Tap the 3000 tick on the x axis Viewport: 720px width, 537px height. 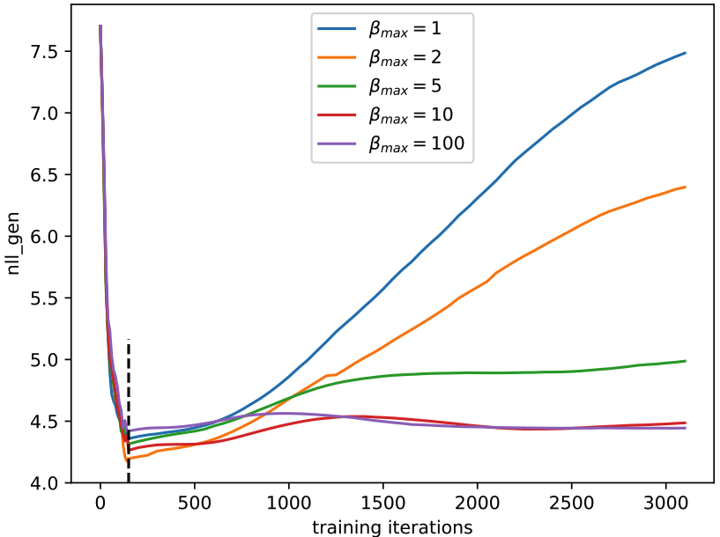[x=666, y=505]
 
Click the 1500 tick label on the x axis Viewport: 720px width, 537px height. [x=383, y=505]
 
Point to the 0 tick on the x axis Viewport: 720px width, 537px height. [x=100, y=505]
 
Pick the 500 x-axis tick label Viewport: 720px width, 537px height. [x=195, y=505]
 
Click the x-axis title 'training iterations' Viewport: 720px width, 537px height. [x=392, y=526]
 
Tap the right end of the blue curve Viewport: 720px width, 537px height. [x=685, y=53]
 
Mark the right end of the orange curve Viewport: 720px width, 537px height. [x=685, y=187]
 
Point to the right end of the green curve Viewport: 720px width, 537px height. [x=685, y=361]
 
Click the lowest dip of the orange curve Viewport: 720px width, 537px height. [x=127, y=460]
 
